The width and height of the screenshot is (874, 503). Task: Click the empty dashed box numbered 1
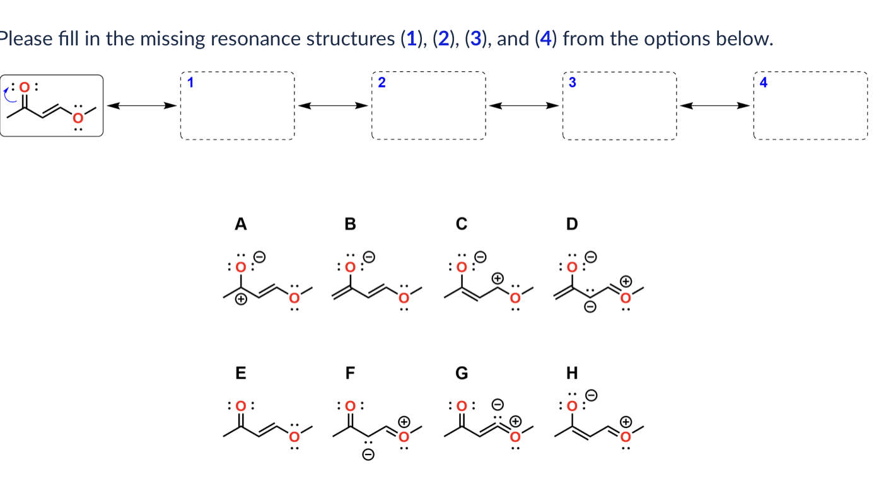click(x=237, y=105)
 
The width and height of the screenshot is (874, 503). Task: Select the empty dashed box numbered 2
click(x=429, y=105)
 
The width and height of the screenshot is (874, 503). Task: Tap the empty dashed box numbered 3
click(x=619, y=105)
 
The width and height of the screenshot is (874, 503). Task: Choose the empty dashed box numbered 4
click(x=810, y=105)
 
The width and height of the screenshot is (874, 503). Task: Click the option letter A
click(x=240, y=224)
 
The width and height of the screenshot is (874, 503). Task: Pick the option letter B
click(x=350, y=224)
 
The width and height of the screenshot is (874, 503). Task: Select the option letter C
click(x=462, y=224)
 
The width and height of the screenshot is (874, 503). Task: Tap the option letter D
click(x=572, y=224)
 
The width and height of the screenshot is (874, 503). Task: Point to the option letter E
click(x=240, y=373)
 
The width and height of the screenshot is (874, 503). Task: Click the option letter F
click(x=350, y=373)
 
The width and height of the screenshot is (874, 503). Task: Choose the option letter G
click(x=462, y=373)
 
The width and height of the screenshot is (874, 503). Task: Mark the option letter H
click(x=572, y=373)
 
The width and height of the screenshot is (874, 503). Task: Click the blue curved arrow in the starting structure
click(x=9, y=95)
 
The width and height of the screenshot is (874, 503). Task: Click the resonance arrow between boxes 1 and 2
click(x=333, y=105)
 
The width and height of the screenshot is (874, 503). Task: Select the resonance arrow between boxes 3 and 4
click(x=714, y=105)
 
